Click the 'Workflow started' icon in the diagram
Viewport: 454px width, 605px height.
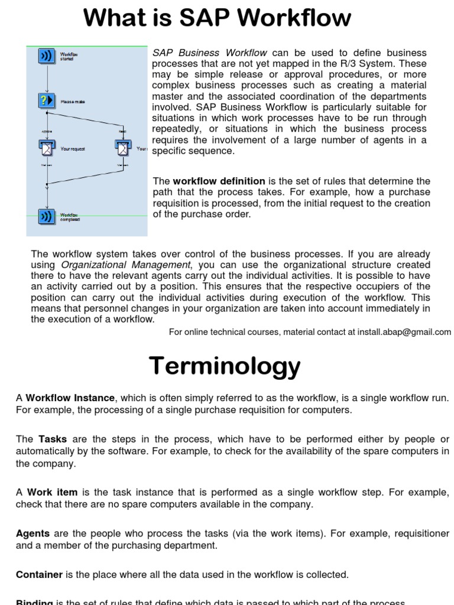(46, 56)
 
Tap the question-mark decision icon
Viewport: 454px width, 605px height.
(46, 100)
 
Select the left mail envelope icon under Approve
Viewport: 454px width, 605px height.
(46, 148)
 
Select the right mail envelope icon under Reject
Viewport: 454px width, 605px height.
(122, 148)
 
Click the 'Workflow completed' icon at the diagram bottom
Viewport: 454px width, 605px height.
(46, 216)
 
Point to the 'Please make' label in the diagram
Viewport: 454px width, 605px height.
(73, 102)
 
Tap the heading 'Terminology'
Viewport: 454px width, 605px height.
(225, 366)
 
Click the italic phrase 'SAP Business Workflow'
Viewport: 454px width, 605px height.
(210, 53)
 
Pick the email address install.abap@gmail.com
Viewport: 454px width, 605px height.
(404, 332)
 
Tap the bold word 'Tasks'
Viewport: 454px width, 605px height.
(53, 440)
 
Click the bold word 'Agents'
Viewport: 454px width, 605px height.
(33, 534)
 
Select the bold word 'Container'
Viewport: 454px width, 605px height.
(39, 574)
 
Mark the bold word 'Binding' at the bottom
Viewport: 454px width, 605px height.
(34, 602)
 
